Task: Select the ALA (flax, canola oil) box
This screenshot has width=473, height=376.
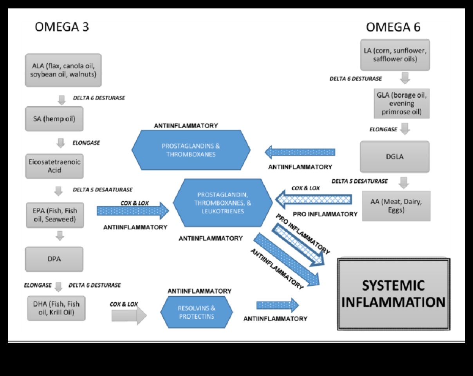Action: point(63,70)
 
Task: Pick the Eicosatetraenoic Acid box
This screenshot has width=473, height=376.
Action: point(54,166)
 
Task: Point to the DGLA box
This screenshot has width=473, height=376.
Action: point(395,157)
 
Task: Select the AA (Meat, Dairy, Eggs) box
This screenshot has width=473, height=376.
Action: point(396,206)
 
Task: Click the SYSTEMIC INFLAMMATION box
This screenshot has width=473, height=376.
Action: point(394,294)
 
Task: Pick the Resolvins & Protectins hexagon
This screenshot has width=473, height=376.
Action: point(197,312)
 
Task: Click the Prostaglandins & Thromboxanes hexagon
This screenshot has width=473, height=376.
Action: point(191,150)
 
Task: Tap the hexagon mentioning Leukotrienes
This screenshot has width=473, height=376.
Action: point(223,203)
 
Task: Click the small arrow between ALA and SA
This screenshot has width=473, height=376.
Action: point(61,100)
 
